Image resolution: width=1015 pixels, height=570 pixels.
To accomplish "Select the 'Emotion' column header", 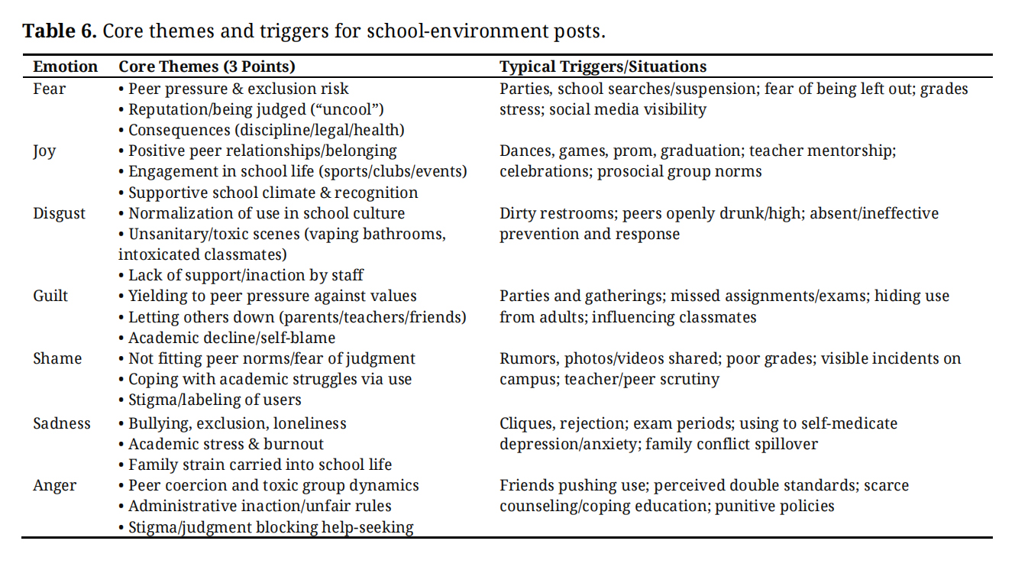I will (65, 66).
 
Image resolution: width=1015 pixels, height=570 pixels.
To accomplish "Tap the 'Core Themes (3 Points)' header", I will (206, 66).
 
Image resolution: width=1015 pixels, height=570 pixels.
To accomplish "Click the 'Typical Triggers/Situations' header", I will (603, 66).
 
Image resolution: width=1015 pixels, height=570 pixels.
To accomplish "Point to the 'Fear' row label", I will (49, 89).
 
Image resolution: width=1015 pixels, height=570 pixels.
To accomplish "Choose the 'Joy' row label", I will (44, 151).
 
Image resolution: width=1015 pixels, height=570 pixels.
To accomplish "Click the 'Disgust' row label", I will (58, 213).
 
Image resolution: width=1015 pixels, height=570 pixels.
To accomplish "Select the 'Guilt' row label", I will (50, 296).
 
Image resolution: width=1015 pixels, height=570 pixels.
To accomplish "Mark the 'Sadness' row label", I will (62, 423).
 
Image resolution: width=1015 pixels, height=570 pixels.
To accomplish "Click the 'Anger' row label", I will (54, 485).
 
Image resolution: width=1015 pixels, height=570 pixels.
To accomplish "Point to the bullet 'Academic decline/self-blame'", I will (231, 338).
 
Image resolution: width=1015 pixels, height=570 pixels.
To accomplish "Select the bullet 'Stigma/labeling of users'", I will (215, 400).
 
